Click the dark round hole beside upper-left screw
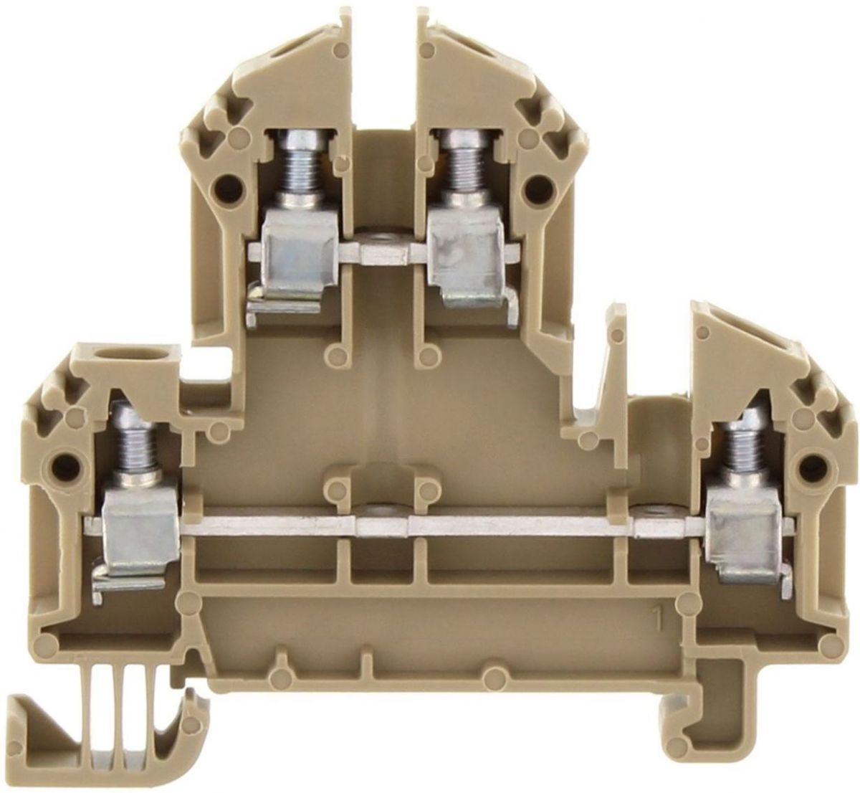point(226,186)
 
